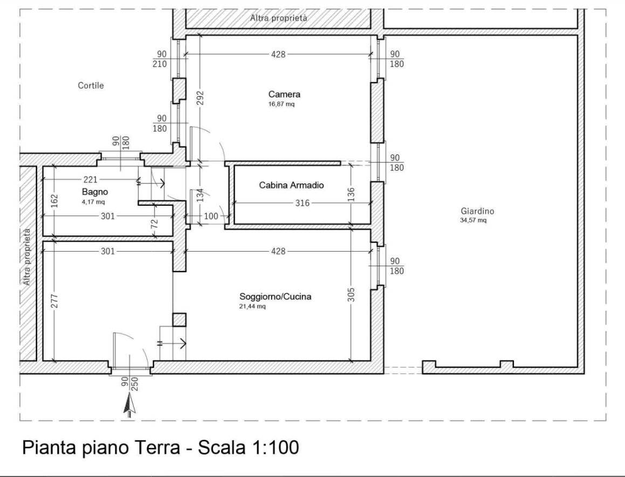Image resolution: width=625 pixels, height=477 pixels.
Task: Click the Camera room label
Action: point(284,94)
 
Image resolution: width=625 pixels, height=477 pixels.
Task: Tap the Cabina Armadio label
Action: point(291,185)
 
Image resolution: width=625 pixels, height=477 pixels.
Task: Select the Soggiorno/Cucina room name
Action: point(276,296)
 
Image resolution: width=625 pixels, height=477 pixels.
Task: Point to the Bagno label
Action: point(95,192)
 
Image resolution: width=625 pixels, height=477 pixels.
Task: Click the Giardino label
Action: point(477,211)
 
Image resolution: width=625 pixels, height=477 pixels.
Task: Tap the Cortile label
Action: point(91,86)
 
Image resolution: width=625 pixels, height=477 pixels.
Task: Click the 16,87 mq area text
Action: point(281,105)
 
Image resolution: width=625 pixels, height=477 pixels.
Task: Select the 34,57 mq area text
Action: point(473,220)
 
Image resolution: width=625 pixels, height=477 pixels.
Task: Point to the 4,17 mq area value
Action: point(93,202)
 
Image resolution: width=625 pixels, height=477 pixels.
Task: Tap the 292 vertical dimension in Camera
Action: point(200,98)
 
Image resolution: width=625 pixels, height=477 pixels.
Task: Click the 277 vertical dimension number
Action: point(54,300)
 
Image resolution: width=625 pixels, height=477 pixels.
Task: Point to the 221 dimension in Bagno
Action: point(90,180)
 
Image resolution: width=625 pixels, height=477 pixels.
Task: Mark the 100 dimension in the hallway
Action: point(211,217)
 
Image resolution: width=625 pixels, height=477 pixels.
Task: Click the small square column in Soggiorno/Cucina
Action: point(179,320)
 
